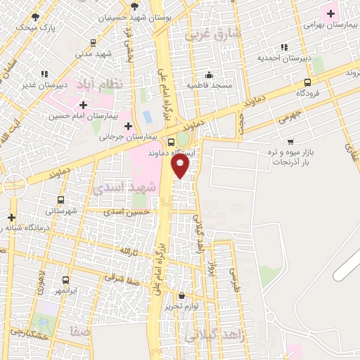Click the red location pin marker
click(181, 166)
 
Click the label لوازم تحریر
click(184, 306)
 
